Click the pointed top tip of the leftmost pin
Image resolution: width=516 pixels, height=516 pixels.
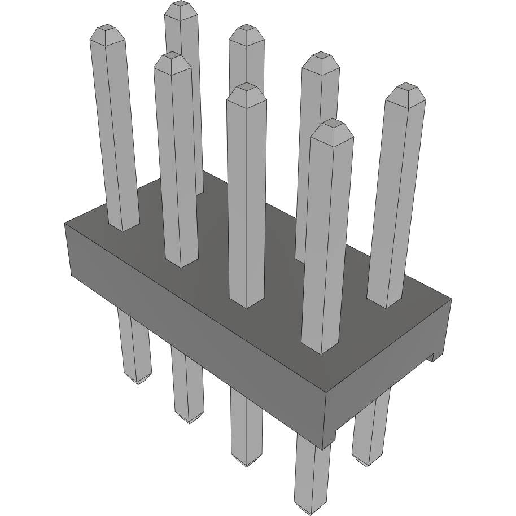click(x=106, y=28)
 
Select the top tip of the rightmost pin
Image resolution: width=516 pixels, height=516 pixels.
click(x=405, y=86)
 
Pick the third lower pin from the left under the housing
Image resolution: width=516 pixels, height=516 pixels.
click(x=247, y=429)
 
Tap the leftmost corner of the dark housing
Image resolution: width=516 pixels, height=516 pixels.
click(x=65, y=224)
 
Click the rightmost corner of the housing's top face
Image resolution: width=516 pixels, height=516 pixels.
click(x=452, y=299)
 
